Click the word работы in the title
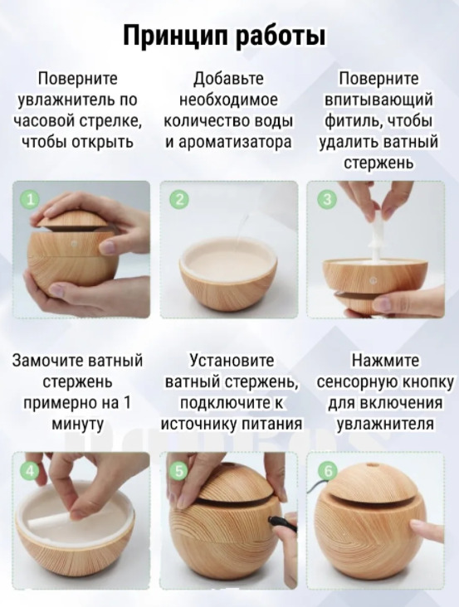coord(280,36)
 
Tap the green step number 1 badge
coord(30,199)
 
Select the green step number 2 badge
coord(179,199)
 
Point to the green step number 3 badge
coord(327,199)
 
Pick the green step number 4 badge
coord(30,472)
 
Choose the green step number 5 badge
coord(179,472)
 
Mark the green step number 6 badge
coord(327,472)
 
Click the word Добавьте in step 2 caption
coord(228,79)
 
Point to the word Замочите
coord(47,361)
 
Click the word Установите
coord(232,361)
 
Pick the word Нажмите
coord(385,361)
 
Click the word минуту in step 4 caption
coord(77,425)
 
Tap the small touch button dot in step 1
coord(74,245)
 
